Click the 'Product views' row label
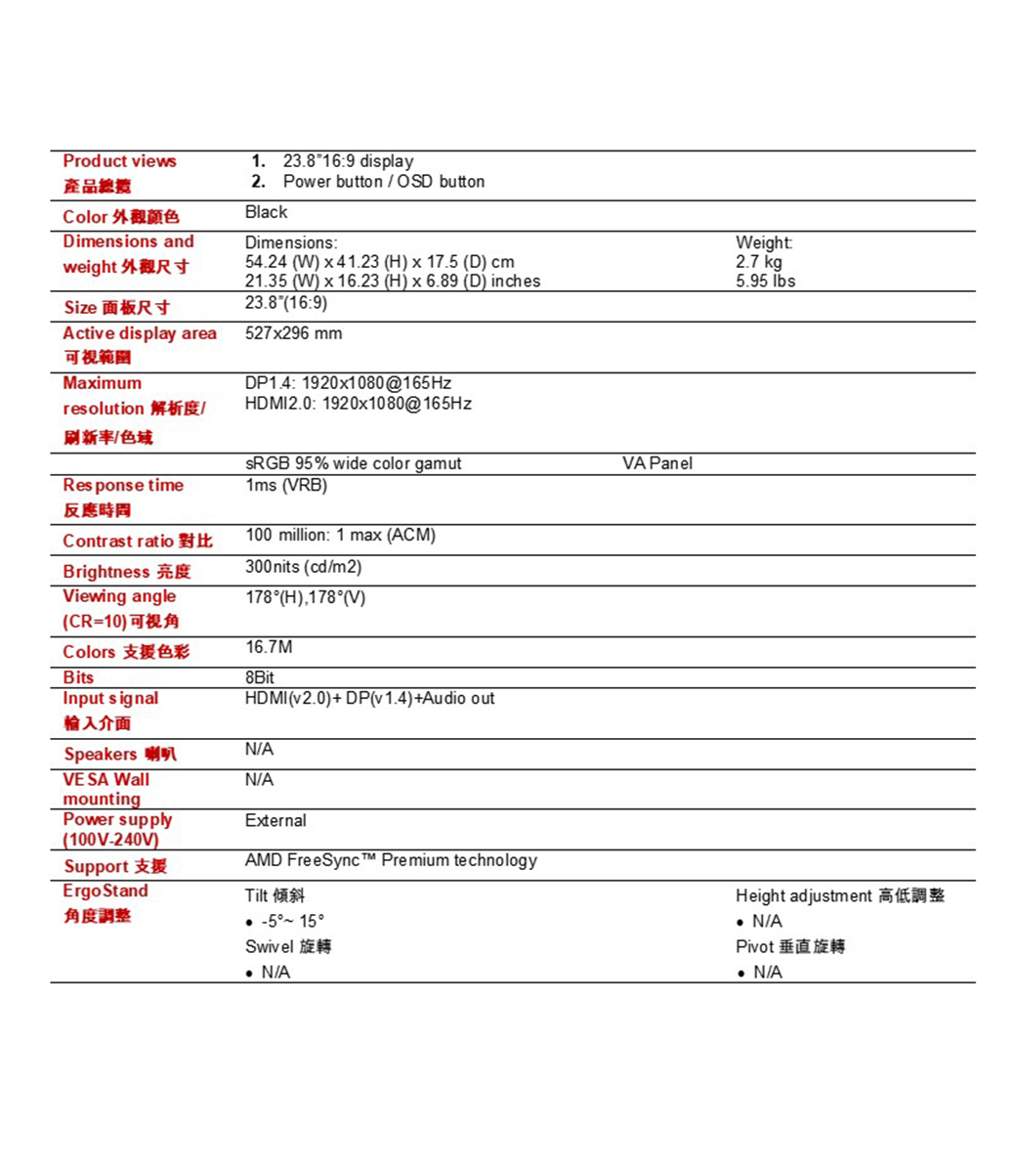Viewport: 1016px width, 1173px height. click(119, 161)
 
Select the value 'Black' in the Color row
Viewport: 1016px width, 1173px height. click(266, 212)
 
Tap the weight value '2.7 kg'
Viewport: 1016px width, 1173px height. click(759, 262)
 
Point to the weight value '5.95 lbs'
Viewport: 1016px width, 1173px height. click(766, 282)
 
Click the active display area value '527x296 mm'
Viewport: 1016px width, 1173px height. click(293, 333)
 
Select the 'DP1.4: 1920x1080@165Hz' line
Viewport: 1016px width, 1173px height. click(348, 383)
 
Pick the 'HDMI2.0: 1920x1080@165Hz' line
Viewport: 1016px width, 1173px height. click(358, 404)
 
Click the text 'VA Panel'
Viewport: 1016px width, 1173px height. click(656, 463)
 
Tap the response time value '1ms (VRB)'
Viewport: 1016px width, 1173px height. click(285, 486)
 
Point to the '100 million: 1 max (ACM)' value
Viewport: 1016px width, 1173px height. click(340, 536)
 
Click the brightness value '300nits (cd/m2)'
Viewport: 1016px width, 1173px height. click(303, 567)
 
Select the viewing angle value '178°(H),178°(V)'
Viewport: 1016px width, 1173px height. click(305, 597)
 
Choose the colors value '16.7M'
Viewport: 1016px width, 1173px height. click(269, 647)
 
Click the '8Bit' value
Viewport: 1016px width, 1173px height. click(260, 677)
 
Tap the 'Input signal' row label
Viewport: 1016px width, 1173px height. click(110, 699)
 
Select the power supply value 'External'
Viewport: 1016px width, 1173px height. click(275, 821)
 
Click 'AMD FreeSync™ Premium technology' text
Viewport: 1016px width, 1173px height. click(391, 860)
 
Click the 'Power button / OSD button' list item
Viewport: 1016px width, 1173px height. click(384, 182)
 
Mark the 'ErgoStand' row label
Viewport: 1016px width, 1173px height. click(106, 891)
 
